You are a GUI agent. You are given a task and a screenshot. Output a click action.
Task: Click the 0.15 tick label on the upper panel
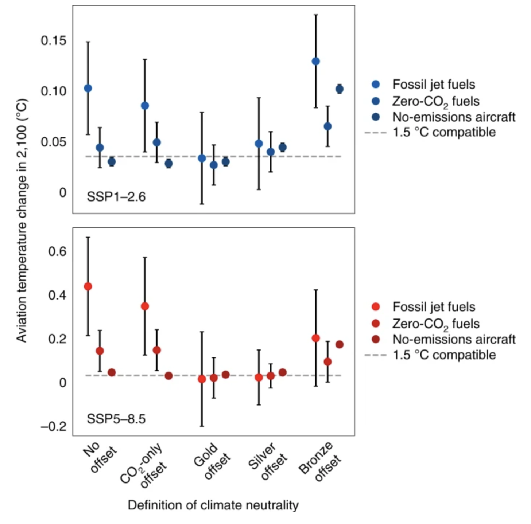(x=53, y=40)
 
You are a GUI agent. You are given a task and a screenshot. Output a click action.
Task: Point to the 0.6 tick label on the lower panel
(x=57, y=251)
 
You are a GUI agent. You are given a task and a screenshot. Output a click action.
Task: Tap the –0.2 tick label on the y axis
(x=54, y=426)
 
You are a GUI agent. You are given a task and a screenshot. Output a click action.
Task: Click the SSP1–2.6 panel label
(x=116, y=197)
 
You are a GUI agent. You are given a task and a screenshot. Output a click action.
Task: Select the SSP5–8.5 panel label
(x=116, y=419)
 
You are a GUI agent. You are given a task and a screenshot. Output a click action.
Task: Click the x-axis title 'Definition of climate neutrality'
(x=213, y=505)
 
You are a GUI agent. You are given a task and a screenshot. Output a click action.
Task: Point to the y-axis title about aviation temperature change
(x=22, y=220)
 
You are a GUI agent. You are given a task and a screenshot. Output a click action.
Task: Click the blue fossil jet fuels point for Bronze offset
(x=316, y=61)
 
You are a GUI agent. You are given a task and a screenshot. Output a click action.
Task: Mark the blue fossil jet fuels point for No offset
(x=88, y=88)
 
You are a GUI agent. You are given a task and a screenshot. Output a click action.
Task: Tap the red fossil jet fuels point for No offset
(x=88, y=286)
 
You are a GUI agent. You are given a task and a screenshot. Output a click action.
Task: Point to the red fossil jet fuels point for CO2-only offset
(x=145, y=306)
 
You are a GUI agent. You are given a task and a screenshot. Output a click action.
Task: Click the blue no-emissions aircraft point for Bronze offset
(x=340, y=89)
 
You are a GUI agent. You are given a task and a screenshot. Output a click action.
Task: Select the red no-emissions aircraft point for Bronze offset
(x=340, y=344)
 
